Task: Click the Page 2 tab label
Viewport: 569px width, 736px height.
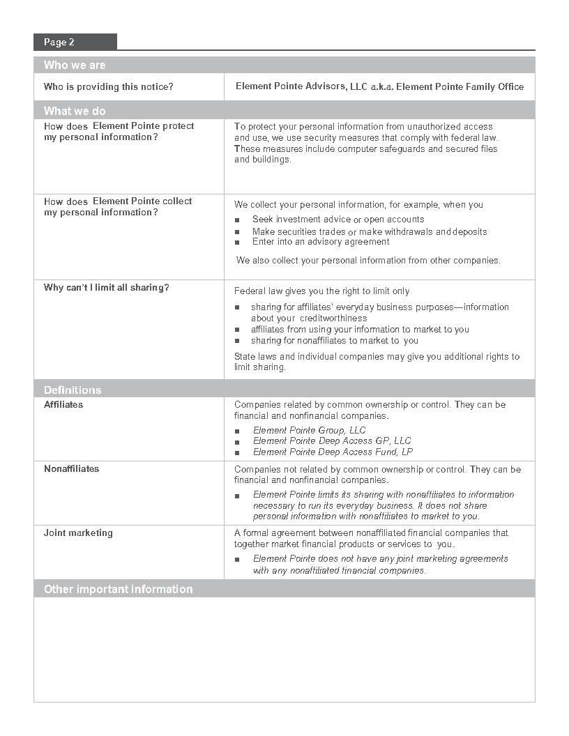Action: click(x=59, y=43)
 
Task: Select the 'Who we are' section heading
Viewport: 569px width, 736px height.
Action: click(x=75, y=66)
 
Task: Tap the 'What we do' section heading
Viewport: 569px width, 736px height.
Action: click(x=75, y=111)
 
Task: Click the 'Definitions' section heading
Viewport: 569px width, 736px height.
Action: click(x=73, y=390)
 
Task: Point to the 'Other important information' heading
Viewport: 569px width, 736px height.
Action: click(x=118, y=589)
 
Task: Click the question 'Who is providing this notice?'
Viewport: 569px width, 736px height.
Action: click(x=109, y=87)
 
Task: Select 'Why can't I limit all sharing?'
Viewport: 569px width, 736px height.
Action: click(x=106, y=287)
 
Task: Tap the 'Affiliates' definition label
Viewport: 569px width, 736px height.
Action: click(x=63, y=404)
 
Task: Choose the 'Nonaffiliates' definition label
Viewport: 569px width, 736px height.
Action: click(x=72, y=468)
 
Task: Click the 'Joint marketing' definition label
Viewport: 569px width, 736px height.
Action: click(x=78, y=532)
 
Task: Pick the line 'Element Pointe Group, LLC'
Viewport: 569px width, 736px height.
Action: click(x=309, y=430)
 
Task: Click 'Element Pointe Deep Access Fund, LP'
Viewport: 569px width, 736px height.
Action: click(x=333, y=452)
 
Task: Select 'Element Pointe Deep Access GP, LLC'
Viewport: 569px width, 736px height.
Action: click(x=332, y=440)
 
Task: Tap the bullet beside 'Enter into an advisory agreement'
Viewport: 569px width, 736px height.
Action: click(x=237, y=243)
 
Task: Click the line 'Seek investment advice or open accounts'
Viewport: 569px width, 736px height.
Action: click(x=338, y=220)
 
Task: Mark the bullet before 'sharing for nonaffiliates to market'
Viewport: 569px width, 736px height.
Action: click(x=237, y=341)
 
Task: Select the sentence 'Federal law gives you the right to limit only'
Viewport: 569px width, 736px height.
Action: click(x=321, y=291)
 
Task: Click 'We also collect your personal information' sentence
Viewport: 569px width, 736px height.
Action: click(x=367, y=261)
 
